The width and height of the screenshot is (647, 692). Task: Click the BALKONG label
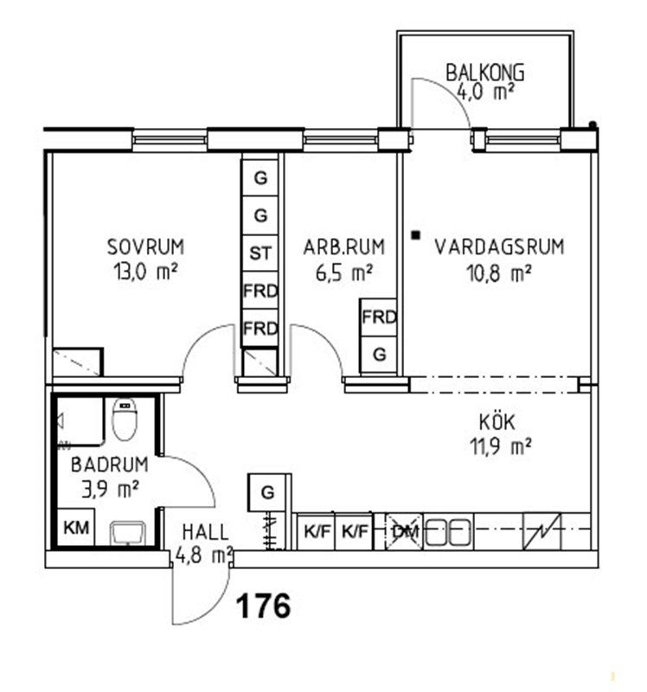point(485,73)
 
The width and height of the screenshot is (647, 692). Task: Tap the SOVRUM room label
point(145,247)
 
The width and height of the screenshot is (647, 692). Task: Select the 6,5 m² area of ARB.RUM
point(344,272)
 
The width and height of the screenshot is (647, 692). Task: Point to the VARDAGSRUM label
point(500,247)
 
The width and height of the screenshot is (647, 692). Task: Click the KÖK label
point(497,422)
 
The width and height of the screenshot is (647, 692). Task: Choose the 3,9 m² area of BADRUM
point(111,489)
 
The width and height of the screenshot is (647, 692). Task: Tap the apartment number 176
point(264,605)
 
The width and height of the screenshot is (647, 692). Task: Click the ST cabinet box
point(260,253)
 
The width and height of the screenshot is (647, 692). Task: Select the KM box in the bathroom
point(76,528)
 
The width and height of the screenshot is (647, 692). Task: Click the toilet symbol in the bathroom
point(125,420)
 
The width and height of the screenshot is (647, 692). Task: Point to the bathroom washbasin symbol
point(127,533)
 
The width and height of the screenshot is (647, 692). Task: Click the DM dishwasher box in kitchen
point(404,532)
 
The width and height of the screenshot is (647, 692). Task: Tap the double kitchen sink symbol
point(448,532)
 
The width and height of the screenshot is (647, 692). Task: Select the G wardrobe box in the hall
point(266,492)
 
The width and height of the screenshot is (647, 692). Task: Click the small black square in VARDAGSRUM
point(415,235)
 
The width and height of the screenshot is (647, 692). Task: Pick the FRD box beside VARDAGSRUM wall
point(378,317)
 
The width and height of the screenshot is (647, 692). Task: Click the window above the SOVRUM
point(170,140)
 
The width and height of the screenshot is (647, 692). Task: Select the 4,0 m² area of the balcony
point(485,93)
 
